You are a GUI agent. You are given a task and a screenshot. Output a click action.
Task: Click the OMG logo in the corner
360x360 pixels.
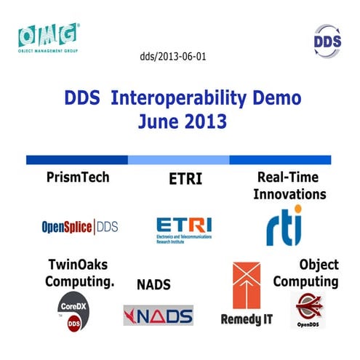(x=49, y=38)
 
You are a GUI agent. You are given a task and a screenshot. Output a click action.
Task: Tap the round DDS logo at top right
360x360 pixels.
(x=327, y=40)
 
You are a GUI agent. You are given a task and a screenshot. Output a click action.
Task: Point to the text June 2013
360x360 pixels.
(x=179, y=119)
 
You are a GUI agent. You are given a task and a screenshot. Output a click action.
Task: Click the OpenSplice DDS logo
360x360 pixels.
(x=79, y=227)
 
